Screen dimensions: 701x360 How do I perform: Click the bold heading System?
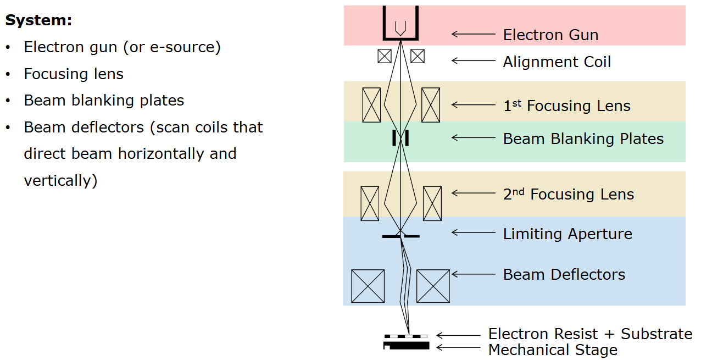pyautogui.click(x=38, y=20)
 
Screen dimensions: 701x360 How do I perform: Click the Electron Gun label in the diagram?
pyautogui.click(x=550, y=35)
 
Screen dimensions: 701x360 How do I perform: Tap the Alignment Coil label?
pyautogui.click(x=557, y=62)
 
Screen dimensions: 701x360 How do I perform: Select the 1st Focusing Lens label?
pyautogui.click(x=567, y=106)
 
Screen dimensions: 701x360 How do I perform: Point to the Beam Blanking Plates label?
pyautogui.click(x=583, y=139)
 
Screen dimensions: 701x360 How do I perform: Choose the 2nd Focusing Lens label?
pyautogui.click(x=569, y=194)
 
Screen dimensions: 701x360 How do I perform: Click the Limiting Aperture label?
pyautogui.click(x=568, y=234)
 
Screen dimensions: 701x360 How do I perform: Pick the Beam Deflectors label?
pyautogui.click(x=564, y=275)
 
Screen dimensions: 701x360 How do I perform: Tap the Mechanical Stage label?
pyautogui.click(x=553, y=350)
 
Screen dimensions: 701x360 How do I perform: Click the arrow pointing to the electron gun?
pyautogui.click(x=474, y=34)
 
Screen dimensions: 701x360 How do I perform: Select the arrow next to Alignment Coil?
pyautogui.click(x=474, y=60)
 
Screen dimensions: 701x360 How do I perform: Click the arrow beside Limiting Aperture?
pyautogui.click(x=474, y=232)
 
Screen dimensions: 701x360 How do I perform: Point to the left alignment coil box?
pyautogui.click(x=385, y=57)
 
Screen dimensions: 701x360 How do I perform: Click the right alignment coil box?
pyautogui.click(x=418, y=57)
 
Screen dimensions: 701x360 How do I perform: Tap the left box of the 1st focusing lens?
pyautogui.click(x=371, y=105)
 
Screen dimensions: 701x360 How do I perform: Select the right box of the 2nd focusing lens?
pyautogui.click(x=432, y=203)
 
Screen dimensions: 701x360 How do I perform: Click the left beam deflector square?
pyautogui.click(x=368, y=286)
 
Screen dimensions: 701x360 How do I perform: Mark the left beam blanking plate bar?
pyautogui.click(x=394, y=138)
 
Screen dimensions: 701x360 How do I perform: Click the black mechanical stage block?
pyautogui.click(x=406, y=346)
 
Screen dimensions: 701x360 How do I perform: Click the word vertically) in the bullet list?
pyautogui.click(x=61, y=181)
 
